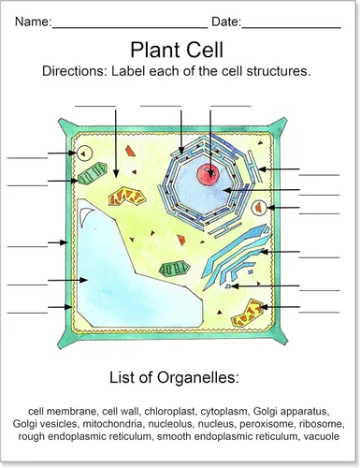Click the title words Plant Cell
coord(177,50)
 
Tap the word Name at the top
coord(32,22)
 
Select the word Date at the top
coord(225,22)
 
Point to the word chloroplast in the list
coord(169,411)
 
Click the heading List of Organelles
coord(174,377)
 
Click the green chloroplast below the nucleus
coord(174,270)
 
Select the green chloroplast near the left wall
coord(93,173)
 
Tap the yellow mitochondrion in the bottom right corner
coord(248,314)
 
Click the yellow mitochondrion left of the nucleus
coord(127,197)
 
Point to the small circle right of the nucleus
coord(258,208)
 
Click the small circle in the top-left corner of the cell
coord(84,154)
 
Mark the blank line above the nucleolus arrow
coord(231,106)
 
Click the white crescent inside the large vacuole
coord(86,216)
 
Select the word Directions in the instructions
coord(75,71)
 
